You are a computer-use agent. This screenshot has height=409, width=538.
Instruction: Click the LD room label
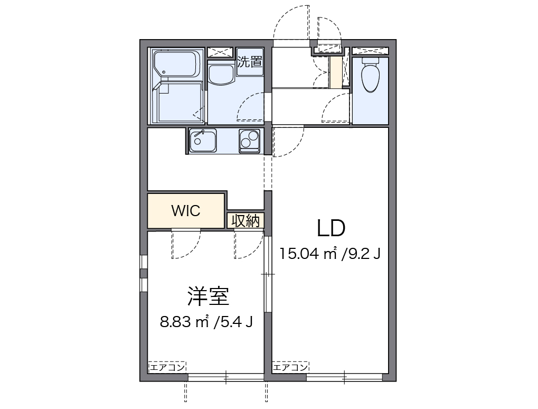coord(331,228)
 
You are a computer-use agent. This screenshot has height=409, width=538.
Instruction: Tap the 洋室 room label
coord(207,296)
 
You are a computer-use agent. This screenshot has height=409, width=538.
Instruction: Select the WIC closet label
coord(185,211)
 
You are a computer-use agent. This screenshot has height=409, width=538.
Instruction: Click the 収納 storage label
coord(246,221)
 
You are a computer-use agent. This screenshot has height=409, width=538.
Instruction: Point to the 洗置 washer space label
coord(250,61)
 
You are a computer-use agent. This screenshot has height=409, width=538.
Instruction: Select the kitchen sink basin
coord(202,141)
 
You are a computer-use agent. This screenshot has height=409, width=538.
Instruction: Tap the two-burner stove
coord(250,141)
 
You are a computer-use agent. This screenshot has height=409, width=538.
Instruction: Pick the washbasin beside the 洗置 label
coord(221,74)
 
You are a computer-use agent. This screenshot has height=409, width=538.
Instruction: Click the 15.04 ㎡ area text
coord(308,254)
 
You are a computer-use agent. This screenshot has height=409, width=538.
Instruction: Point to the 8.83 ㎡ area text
coord(185,321)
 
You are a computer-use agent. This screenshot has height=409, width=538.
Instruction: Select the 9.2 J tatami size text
coord(362,254)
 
